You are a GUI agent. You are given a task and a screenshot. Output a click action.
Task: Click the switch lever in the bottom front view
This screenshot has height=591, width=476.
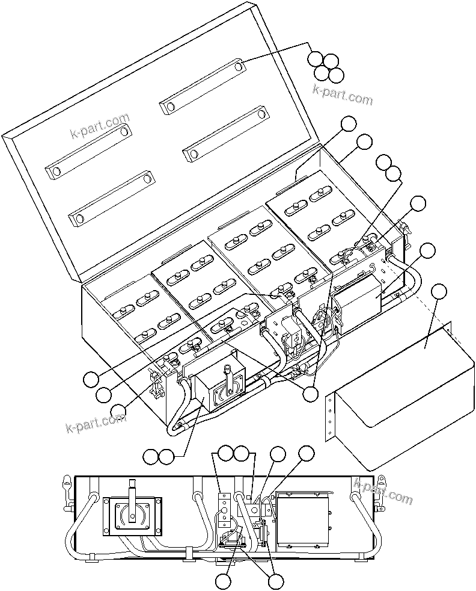point(132,490)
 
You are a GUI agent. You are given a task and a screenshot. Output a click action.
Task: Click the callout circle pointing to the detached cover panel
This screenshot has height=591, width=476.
point(439,291)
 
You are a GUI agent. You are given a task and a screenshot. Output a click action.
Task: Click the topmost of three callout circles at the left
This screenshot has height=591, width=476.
point(90,379)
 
